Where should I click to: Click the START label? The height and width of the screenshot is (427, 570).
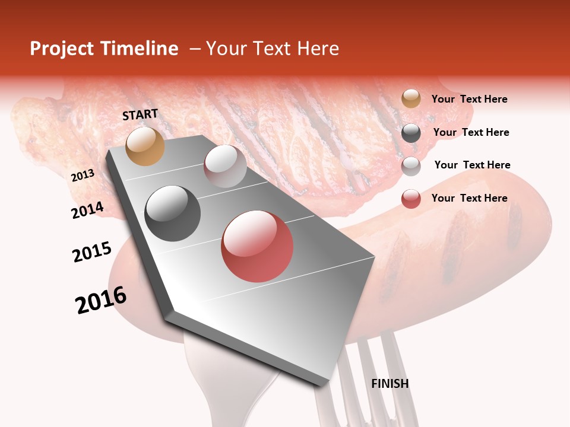140,114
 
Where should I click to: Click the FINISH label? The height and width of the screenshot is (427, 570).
390,384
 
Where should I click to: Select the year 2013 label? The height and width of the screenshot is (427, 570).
83,176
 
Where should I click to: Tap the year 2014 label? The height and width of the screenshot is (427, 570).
87,210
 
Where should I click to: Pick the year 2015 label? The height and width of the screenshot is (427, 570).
92,252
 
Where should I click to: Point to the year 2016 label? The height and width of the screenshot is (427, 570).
101,300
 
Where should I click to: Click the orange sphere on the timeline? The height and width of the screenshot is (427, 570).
145,146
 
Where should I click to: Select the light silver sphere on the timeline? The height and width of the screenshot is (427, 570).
225,165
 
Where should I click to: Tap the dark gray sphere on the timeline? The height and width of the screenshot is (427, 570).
173,213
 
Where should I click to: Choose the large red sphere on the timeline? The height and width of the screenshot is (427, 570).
257,246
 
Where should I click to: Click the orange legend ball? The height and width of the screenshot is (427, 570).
411,99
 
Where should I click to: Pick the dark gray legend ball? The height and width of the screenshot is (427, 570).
411,132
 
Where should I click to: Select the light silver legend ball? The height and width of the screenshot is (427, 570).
411,165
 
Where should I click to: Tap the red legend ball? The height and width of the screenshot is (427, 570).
411,199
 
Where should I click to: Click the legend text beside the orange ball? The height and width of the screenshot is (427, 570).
469,99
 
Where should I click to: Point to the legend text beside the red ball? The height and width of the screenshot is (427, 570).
469,198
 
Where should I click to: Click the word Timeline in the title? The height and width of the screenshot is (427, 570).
140,49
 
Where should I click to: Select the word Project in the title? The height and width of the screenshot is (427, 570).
61,49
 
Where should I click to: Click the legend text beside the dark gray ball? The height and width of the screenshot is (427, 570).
471,132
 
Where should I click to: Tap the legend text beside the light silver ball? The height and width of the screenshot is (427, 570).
472,165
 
